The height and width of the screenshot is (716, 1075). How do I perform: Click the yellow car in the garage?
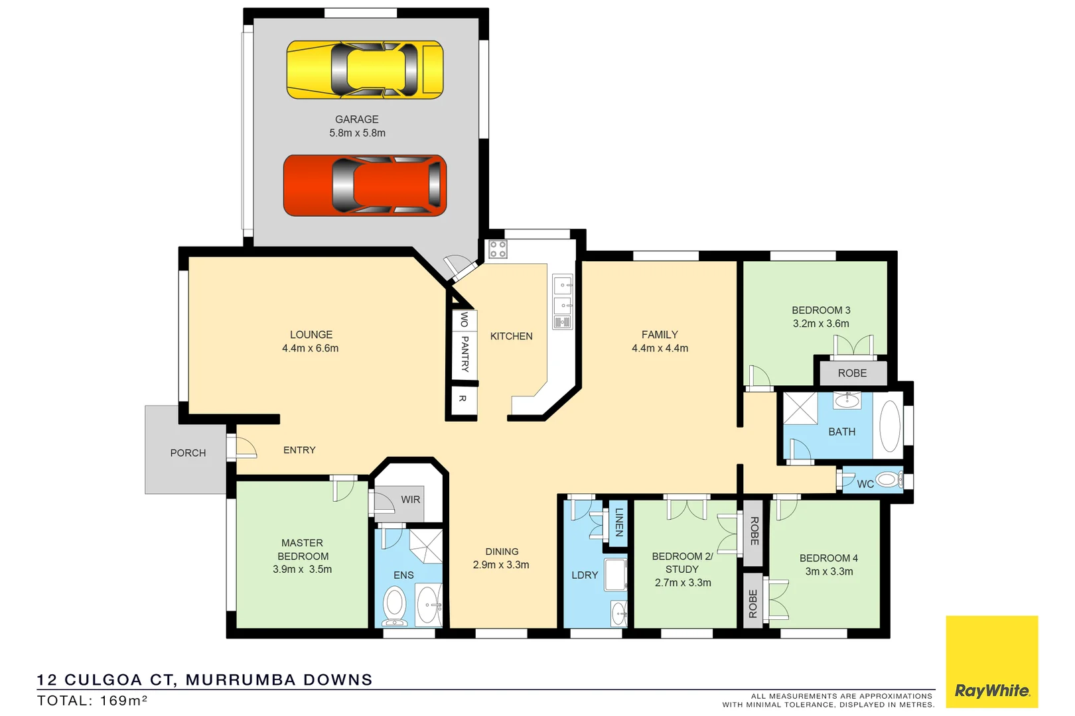click(365, 70)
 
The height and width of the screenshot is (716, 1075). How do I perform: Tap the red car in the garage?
click(365, 185)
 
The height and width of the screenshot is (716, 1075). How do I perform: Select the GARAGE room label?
click(357, 119)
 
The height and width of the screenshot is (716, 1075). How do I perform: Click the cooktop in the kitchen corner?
click(498, 249)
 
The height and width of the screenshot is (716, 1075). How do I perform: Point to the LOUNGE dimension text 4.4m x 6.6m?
click(311, 348)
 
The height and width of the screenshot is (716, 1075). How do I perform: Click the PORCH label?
click(188, 453)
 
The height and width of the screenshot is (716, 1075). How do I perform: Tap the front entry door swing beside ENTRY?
click(243, 447)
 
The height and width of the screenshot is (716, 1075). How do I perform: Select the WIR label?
click(410, 499)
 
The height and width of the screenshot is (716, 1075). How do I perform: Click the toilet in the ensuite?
click(395, 606)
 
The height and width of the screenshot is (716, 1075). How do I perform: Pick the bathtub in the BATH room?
click(889, 426)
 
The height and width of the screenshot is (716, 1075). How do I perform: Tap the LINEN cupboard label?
click(619, 522)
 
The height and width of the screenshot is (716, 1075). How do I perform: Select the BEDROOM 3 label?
click(821, 310)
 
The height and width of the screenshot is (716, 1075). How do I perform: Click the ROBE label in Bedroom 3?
click(852, 373)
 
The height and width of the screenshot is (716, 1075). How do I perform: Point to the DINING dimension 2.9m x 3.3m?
click(501, 565)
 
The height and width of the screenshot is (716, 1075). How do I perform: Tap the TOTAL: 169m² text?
click(92, 700)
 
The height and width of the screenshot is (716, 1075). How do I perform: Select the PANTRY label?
click(465, 353)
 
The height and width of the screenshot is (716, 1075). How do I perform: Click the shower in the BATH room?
click(801, 408)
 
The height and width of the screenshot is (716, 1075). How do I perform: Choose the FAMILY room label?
click(660, 335)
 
